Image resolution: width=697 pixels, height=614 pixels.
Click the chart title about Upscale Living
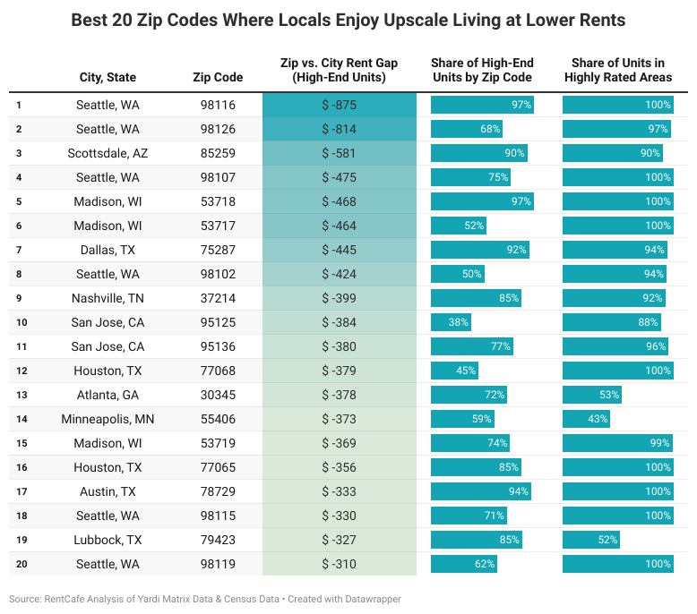(348, 19)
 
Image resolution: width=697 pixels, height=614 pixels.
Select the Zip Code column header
(218, 78)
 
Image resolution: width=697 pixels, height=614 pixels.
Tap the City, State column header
(108, 78)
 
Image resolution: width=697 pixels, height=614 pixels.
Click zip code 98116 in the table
(218, 105)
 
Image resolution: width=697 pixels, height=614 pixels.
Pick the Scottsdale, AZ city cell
(108, 153)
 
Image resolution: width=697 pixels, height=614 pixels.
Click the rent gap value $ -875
(339, 105)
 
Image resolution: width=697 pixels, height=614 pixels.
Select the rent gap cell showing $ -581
(339, 153)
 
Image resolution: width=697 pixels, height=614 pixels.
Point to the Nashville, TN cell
(108, 298)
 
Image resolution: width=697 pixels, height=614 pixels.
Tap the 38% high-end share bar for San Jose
(452, 322)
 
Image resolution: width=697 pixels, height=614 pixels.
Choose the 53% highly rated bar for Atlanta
(592, 395)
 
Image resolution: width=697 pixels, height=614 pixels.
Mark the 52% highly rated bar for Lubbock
(591, 540)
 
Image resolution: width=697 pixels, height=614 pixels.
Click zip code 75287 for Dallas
(218, 250)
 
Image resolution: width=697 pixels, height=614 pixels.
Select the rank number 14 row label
(21, 419)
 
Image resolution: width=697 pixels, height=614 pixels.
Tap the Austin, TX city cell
(108, 491)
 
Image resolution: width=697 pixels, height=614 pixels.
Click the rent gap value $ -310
(339, 564)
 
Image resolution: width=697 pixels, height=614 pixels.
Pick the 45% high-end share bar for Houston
(455, 371)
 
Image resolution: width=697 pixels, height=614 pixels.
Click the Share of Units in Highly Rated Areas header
(617, 70)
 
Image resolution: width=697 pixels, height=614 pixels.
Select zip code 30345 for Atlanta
(218, 395)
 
